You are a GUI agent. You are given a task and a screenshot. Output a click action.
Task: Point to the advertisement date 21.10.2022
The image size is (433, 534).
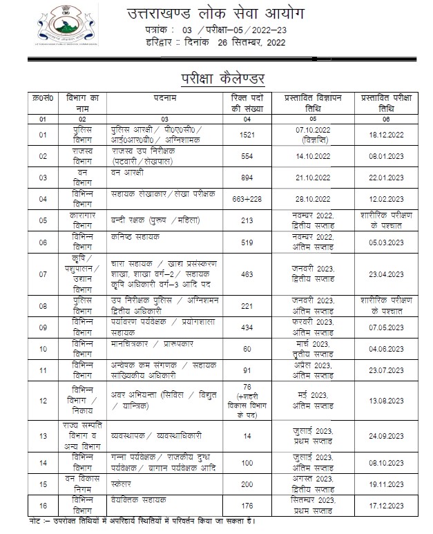[x=310, y=178]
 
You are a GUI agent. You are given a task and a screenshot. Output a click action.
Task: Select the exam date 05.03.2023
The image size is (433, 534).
[x=387, y=241]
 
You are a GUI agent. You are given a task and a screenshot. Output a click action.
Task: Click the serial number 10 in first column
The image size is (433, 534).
[x=43, y=350]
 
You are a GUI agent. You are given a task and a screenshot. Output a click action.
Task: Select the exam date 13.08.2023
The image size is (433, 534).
[x=387, y=399]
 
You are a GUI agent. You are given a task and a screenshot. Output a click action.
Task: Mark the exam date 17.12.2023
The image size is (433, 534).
[x=387, y=506]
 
